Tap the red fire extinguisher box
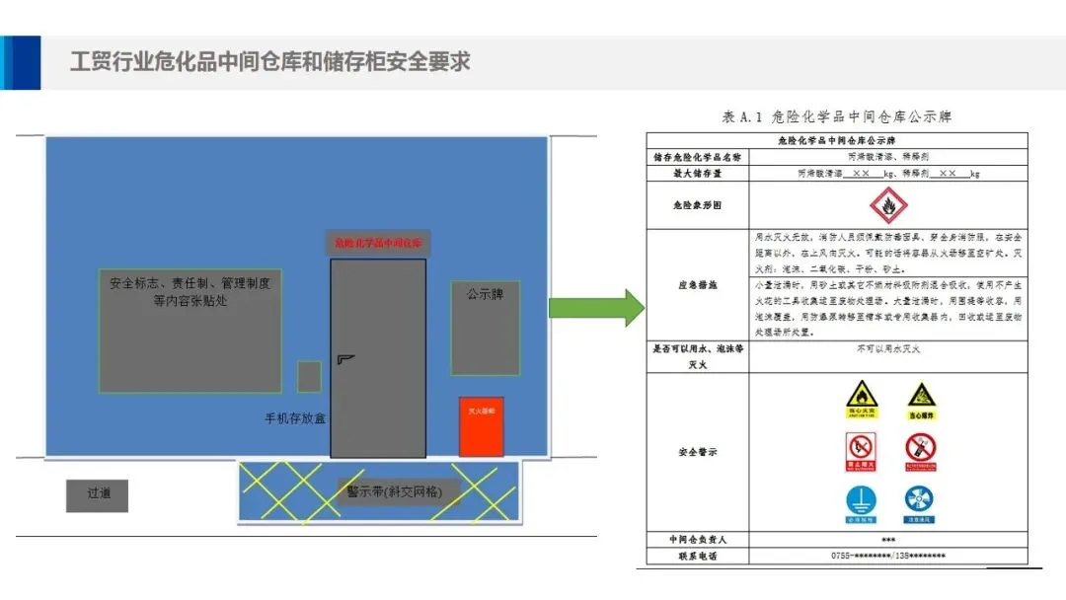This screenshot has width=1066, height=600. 481,426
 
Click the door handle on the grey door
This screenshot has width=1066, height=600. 344,358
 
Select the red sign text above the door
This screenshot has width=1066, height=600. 378,242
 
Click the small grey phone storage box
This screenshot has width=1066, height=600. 309,376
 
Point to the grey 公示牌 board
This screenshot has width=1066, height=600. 485,328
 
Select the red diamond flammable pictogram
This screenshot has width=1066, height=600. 887,204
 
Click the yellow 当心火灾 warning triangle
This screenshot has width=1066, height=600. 861,400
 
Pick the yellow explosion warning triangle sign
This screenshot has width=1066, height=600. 920,400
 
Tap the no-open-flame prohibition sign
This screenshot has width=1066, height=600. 861,450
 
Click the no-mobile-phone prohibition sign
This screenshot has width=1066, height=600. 920,450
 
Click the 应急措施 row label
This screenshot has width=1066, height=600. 697,284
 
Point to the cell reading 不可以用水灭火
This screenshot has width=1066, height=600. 887,349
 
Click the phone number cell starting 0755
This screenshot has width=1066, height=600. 887,557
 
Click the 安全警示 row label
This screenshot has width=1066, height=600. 697,452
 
